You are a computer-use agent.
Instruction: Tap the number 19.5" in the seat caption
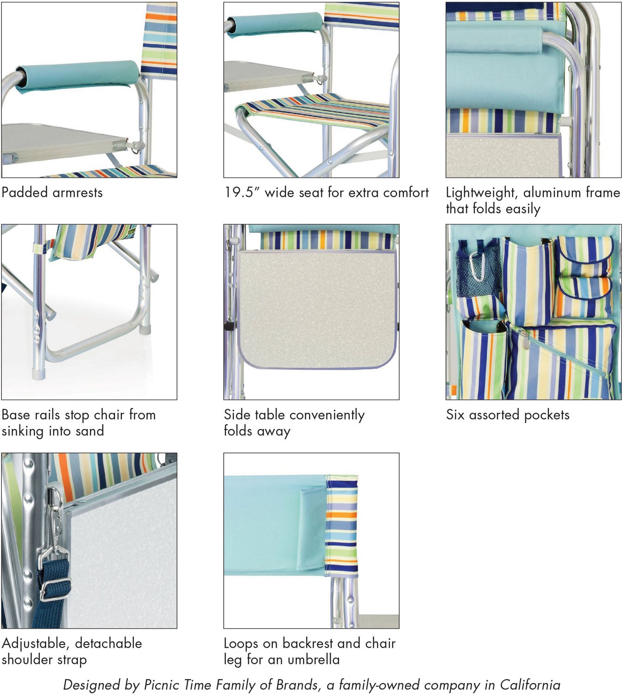click(241, 192)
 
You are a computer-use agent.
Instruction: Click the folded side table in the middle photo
click(317, 308)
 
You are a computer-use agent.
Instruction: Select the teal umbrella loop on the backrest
click(312, 528)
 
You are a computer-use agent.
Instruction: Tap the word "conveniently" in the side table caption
click(322, 415)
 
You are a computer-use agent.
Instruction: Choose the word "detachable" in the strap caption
click(108, 643)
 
